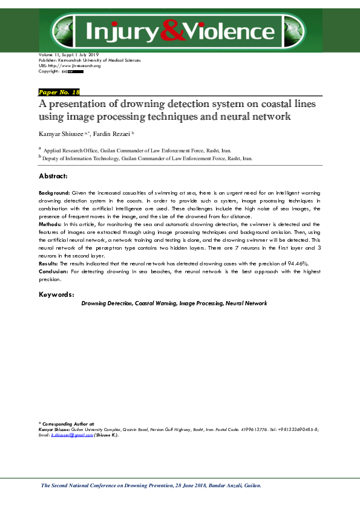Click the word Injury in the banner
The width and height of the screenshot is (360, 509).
(x=122, y=30)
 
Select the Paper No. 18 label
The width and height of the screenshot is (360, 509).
(x=59, y=92)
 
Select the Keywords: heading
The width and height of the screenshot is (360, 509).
(x=56, y=294)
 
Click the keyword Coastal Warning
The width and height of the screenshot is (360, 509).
(x=156, y=303)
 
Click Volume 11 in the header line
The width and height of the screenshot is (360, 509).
(x=51, y=56)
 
